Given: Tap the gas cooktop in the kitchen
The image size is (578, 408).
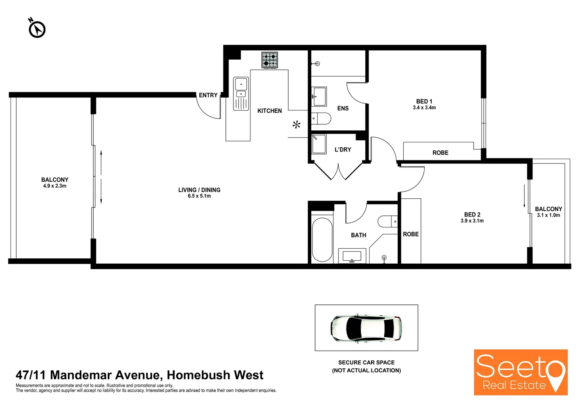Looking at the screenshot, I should (x=269, y=60).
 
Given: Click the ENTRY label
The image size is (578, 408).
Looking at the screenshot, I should (x=208, y=95).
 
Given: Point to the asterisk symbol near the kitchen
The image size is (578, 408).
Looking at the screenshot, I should (x=297, y=124).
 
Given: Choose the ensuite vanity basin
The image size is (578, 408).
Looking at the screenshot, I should (x=319, y=96).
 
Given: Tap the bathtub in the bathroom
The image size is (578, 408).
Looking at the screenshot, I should (x=322, y=240).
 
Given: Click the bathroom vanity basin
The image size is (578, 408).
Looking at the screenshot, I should (x=352, y=256).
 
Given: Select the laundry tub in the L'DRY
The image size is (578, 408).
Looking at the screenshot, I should (x=319, y=144).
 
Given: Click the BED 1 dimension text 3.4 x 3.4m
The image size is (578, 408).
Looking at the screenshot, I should (x=424, y=108).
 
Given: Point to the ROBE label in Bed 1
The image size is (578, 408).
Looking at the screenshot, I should (x=440, y=153).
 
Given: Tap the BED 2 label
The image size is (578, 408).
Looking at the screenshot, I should (x=472, y=215).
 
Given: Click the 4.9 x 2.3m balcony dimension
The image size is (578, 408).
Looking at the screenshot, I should (x=54, y=186).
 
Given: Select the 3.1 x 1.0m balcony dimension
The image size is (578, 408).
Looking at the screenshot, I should (x=548, y=215).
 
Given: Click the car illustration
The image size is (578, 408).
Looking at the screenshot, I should (x=366, y=328).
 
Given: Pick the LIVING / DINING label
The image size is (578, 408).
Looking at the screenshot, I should (x=199, y=190).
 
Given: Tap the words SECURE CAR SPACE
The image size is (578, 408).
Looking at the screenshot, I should (x=366, y=362).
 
